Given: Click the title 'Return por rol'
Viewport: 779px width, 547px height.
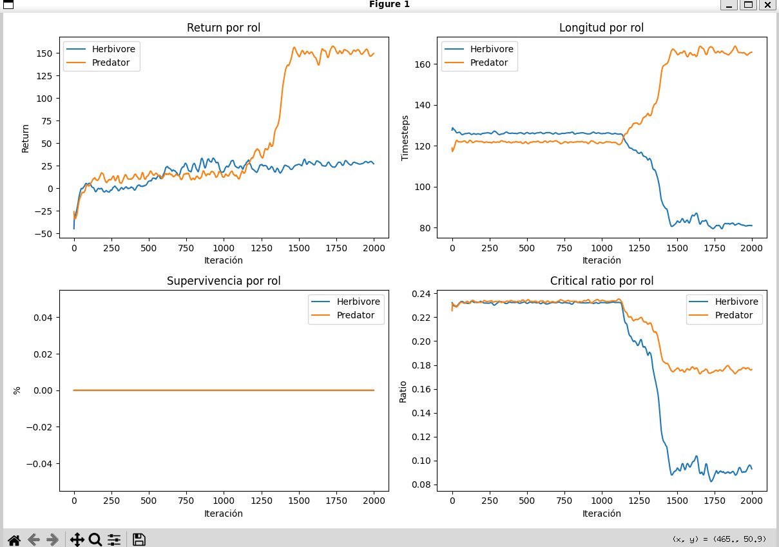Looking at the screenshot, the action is [224, 28].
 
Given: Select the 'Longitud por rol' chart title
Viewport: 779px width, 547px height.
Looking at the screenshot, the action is [601, 28].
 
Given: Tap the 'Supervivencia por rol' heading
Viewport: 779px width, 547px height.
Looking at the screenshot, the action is [224, 281].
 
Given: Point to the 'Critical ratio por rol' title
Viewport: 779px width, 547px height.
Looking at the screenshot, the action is [602, 281].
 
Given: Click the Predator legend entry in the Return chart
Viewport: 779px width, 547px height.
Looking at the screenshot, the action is [98, 62].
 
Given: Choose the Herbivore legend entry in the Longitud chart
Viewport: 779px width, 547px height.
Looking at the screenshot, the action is [479, 49].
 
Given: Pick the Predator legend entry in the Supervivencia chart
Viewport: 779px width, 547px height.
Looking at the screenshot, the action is [343, 315].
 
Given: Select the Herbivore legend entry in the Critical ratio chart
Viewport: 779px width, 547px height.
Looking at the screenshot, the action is [724, 302].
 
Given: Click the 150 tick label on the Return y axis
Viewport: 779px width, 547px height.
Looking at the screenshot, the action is [44, 53].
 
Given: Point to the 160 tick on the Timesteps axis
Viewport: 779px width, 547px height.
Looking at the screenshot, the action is [422, 64].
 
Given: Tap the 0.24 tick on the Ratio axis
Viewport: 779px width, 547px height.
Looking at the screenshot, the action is [421, 294].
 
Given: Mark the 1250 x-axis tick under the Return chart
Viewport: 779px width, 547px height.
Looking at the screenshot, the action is [261, 248].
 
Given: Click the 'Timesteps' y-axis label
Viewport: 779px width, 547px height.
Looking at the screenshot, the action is [405, 138].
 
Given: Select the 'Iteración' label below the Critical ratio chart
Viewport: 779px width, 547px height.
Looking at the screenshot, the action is [602, 513].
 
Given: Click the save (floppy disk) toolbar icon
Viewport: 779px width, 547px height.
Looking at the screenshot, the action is [139, 539].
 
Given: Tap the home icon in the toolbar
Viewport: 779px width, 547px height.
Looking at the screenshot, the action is [14, 540].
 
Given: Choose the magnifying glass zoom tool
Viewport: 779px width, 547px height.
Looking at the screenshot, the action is [95, 539].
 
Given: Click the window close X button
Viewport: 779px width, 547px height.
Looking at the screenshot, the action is [767, 5].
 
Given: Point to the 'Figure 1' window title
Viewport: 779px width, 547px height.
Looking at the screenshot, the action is [389, 4].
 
